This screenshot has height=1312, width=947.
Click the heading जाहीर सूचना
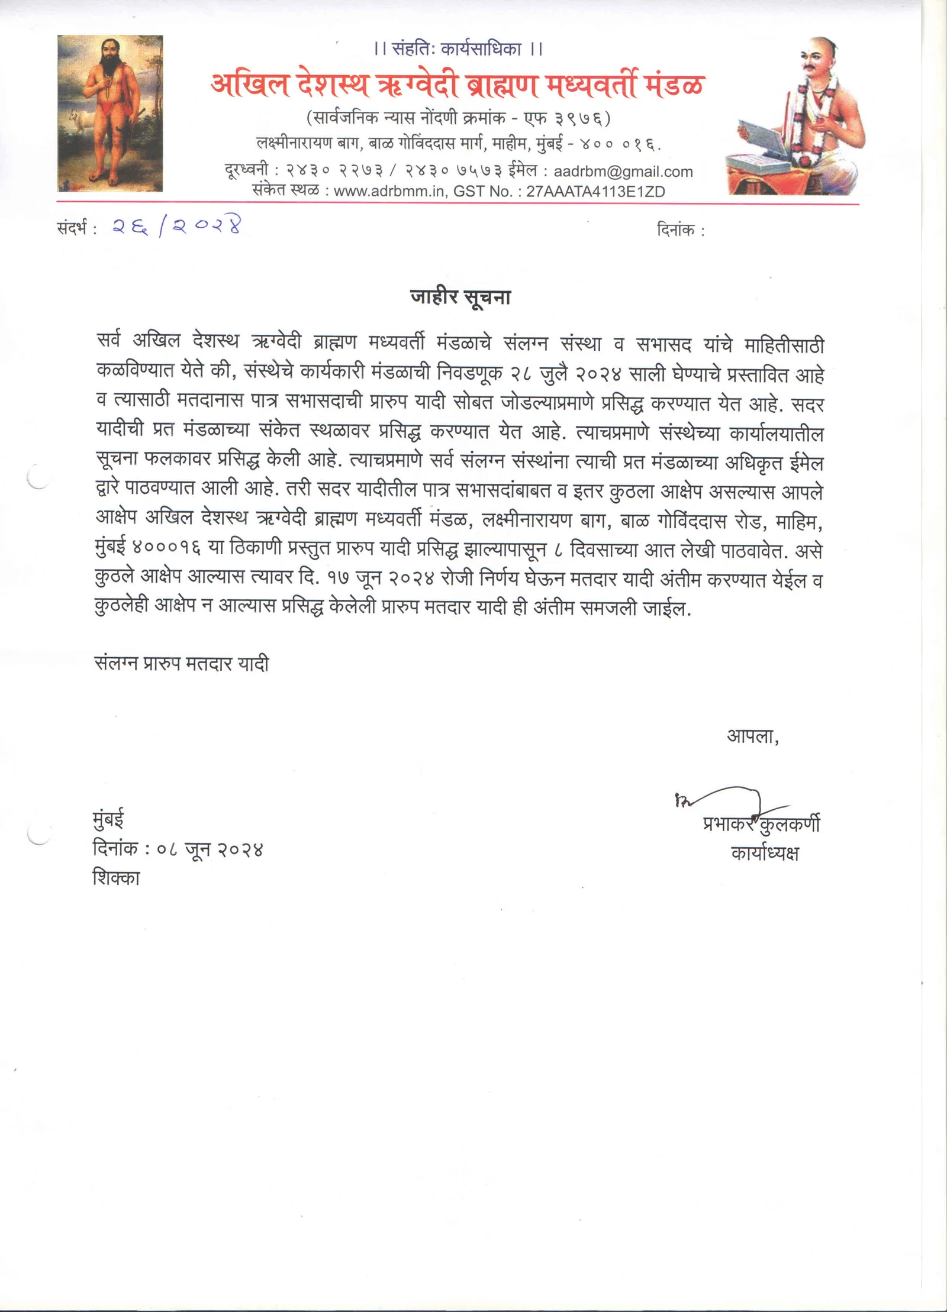pyautogui.click(x=460, y=297)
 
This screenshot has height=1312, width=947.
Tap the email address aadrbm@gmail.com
pyautogui.click(x=623, y=172)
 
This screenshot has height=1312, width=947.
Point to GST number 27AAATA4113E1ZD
pyautogui.click(x=595, y=192)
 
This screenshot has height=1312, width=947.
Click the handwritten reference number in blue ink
pyautogui.click(x=177, y=227)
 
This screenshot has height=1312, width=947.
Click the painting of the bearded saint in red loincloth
pyautogui.click(x=110, y=114)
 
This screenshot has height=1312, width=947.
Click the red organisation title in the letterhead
pyautogui.click(x=457, y=86)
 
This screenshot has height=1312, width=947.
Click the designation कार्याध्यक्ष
pyautogui.click(x=765, y=853)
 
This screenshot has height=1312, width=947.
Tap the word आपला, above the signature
pyautogui.click(x=752, y=736)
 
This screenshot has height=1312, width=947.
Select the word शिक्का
pyautogui.click(x=117, y=878)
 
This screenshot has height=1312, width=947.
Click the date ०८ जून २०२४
pyautogui.click(x=210, y=849)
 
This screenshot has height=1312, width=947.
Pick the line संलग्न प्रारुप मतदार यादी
pyautogui.click(x=182, y=664)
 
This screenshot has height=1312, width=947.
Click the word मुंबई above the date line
pyautogui.click(x=108, y=819)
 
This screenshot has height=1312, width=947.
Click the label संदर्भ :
pyautogui.click(x=77, y=228)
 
